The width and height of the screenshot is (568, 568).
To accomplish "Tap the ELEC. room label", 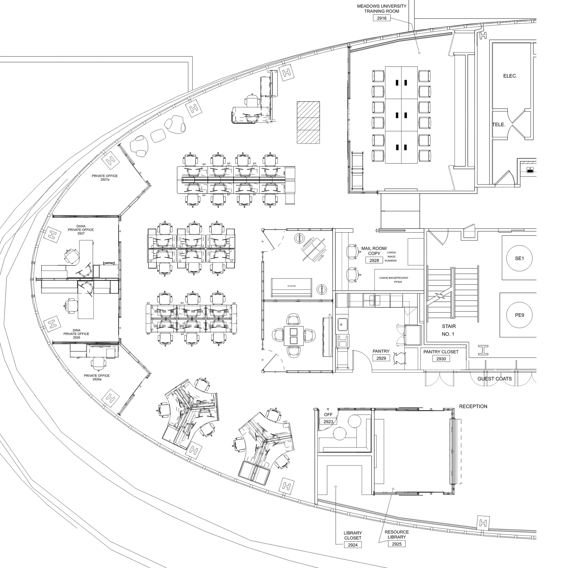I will [510, 76].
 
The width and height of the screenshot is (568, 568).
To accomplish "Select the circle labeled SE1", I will [519, 258].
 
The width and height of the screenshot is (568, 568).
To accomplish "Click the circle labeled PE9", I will [519, 315].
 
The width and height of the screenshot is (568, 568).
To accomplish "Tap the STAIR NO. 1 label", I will [449, 330].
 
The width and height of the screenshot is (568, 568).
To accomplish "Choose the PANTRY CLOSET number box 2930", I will [441, 359].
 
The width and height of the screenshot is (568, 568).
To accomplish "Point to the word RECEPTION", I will [473, 406].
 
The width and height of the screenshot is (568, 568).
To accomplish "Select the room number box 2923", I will [328, 422].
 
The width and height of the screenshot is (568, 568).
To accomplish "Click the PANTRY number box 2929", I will [381, 358].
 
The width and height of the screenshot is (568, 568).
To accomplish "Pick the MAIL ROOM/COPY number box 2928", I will [374, 260].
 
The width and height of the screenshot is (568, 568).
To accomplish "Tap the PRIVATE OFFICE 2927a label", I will [105, 178].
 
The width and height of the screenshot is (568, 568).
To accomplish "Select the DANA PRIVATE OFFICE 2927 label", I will [81, 230].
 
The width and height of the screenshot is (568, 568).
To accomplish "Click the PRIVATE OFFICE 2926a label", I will [97, 377].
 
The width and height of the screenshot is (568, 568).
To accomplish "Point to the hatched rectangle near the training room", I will [308, 122].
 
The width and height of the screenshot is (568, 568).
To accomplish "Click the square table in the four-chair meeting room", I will [294, 336].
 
